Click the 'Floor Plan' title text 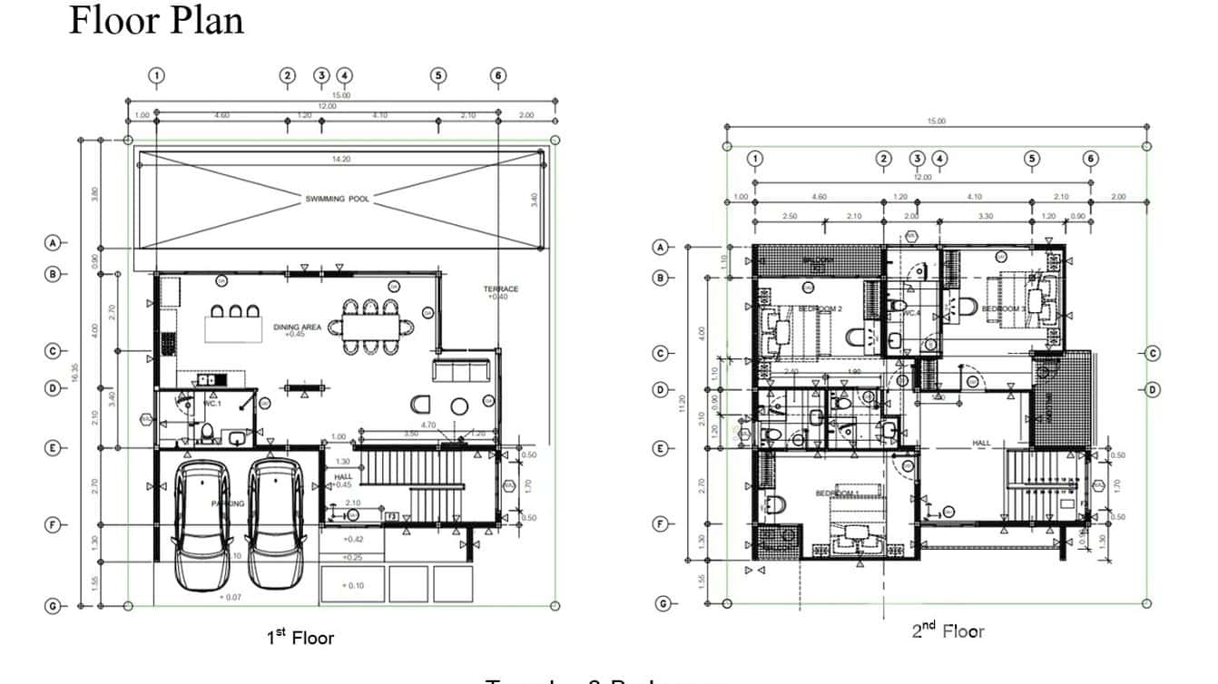pos(156,20)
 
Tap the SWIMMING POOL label pos(337,199)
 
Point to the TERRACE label pos(500,289)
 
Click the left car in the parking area pos(202,523)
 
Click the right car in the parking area pos(275,523)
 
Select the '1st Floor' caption pos(300,639)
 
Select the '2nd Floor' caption pos(948,631)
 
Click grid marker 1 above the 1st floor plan pos(157,75)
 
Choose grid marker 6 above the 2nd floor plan pos(1091,159)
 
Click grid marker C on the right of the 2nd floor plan pos(1152,353)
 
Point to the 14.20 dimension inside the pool pos(341,160)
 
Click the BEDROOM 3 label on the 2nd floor pos(1003,309)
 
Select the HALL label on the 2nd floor pos(981,444)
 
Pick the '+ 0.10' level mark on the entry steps pos(352,586)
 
